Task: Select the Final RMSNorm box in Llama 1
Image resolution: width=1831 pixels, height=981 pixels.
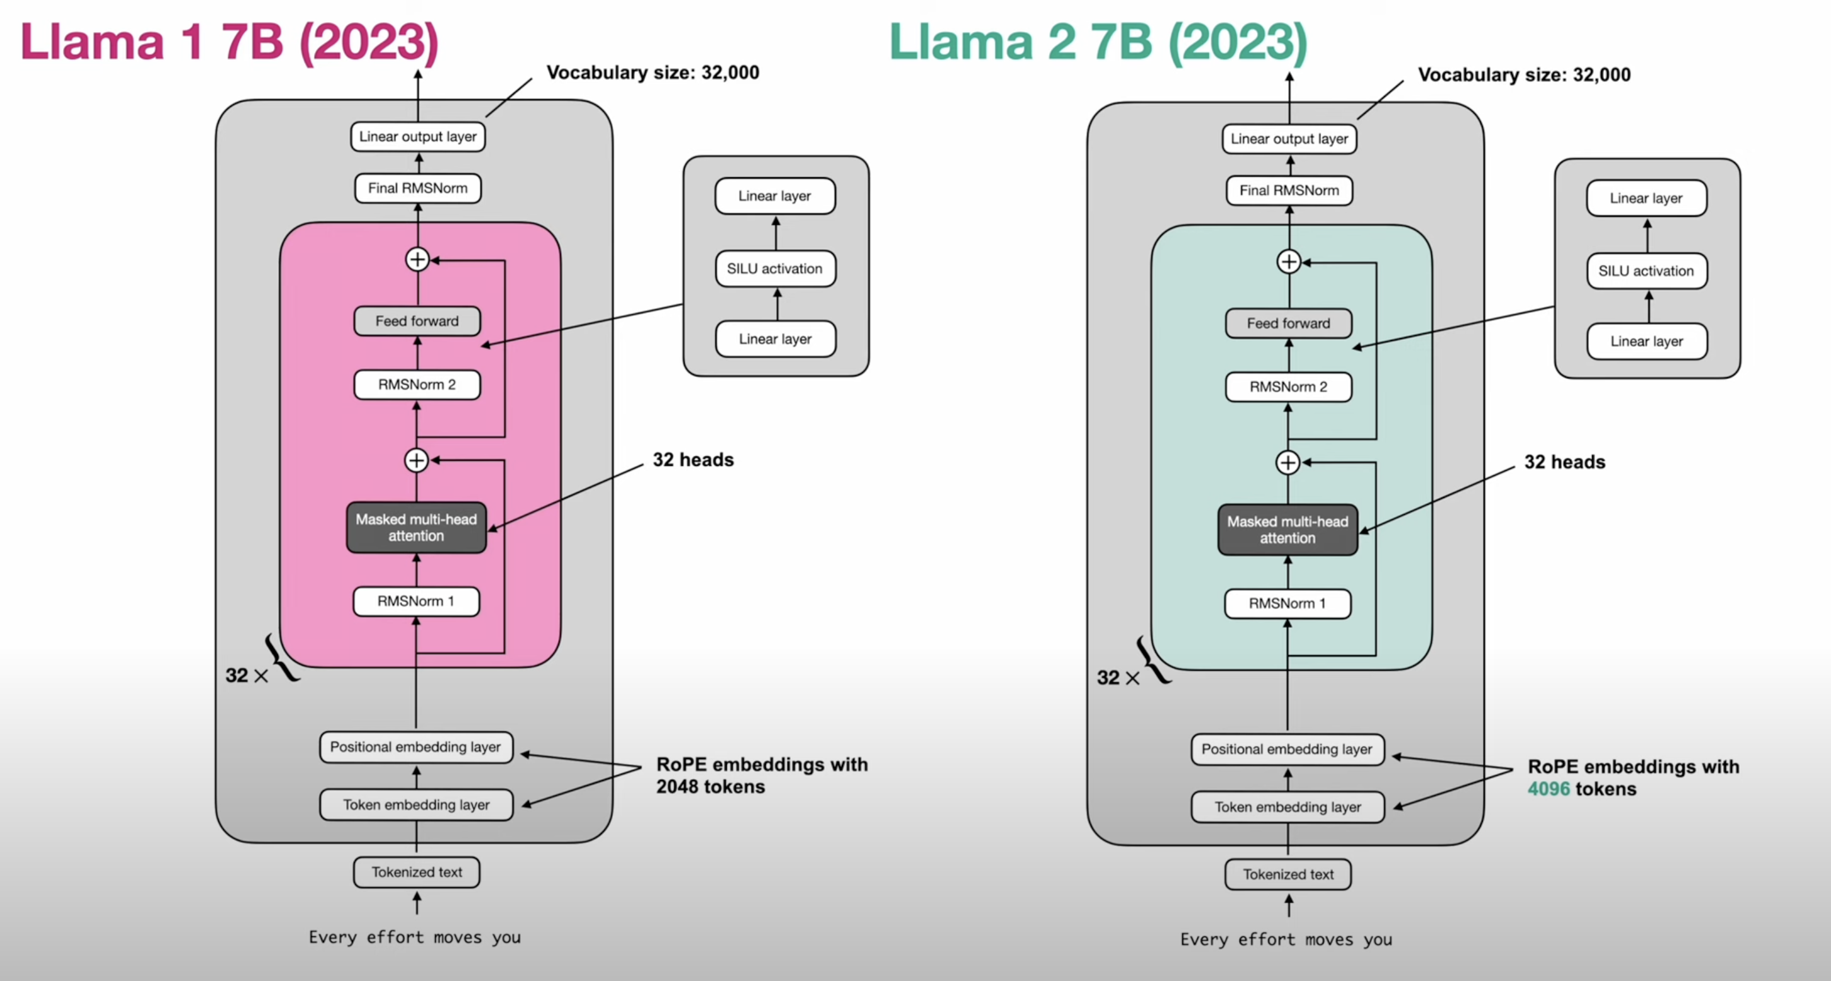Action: (x=418, y=189)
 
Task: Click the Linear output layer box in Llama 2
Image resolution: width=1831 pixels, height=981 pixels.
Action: (x=1289, y=139)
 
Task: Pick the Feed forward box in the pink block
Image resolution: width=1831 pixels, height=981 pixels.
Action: (x=417, y=322)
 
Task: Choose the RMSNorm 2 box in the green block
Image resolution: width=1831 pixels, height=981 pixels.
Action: (x=1289, y=386)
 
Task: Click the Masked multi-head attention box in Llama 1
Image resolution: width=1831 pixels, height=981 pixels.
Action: (x=417, y=528)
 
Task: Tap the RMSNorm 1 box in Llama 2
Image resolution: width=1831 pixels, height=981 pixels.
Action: (x=1288, y=603)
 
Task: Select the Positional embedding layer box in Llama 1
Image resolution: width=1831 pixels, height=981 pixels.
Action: (x=416, y=747)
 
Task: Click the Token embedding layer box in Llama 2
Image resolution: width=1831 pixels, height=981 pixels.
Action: (x=1288, y=807)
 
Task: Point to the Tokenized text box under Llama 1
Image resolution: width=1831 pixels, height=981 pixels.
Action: (x=417, y=872)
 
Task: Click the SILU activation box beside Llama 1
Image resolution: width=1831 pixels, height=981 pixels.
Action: (x=775, y=269)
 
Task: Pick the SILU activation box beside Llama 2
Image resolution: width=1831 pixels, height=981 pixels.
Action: (x=1646, y=271)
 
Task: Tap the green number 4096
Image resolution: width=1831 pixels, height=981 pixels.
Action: (x=1548, y=789)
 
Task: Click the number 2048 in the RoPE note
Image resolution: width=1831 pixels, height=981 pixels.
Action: (x=678, y=787)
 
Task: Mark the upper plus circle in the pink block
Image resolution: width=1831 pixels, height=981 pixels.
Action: (x=417, y=260)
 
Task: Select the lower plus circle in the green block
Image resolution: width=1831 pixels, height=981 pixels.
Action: (x=1288, y=463)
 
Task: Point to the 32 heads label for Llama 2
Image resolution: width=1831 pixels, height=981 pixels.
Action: (x=1564, y=462)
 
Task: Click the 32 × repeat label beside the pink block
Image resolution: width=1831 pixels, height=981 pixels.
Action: (x=246, y=675)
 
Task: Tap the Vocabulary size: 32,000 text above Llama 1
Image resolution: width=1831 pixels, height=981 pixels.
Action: (x=653, y=73)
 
